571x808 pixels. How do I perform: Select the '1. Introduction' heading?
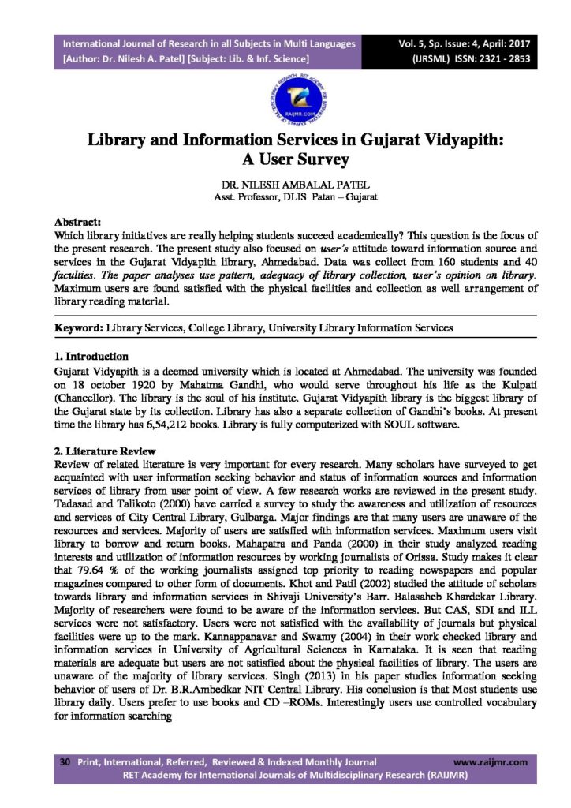[91, 356]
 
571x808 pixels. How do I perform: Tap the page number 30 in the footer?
[65, 762]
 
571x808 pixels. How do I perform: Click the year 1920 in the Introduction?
[132, 383]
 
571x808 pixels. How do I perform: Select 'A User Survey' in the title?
[285, 161]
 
